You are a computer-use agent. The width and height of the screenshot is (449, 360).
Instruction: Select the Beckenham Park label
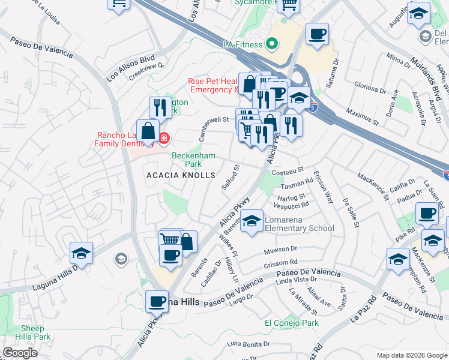point(187,159)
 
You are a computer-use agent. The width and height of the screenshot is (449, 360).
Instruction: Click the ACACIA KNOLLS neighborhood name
point(181,175)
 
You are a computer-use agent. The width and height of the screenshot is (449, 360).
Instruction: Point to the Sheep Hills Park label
point(36,332)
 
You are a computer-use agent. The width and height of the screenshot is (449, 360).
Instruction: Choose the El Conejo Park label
point(292,323)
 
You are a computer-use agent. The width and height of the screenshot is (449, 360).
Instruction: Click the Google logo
point(20,353)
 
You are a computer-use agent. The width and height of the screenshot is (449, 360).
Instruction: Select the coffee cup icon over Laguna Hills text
point(157,301)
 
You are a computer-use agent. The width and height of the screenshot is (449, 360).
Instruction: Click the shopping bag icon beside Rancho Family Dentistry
point(148,131)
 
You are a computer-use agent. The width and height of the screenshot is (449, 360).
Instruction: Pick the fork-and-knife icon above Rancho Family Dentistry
point(160,107)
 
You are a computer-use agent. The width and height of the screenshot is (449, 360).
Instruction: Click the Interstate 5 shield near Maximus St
point(313,107)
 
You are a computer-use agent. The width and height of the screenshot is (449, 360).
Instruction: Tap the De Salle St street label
point(350,213)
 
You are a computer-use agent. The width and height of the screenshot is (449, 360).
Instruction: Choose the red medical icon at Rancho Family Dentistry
point(163,139)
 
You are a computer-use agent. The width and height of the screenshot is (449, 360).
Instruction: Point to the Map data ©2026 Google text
point(411,355)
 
